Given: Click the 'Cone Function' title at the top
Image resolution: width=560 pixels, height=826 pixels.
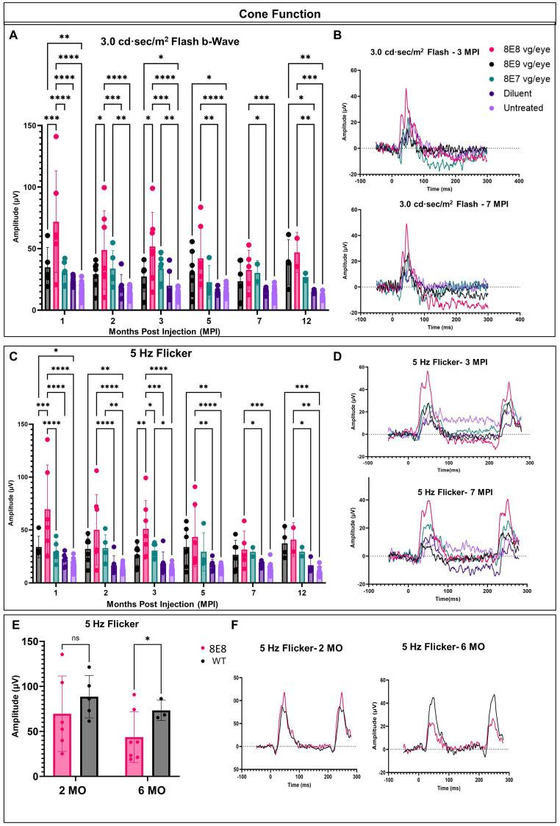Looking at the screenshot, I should tap(279, 13).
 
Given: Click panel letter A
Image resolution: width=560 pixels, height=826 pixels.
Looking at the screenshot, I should tap(13, 34).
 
